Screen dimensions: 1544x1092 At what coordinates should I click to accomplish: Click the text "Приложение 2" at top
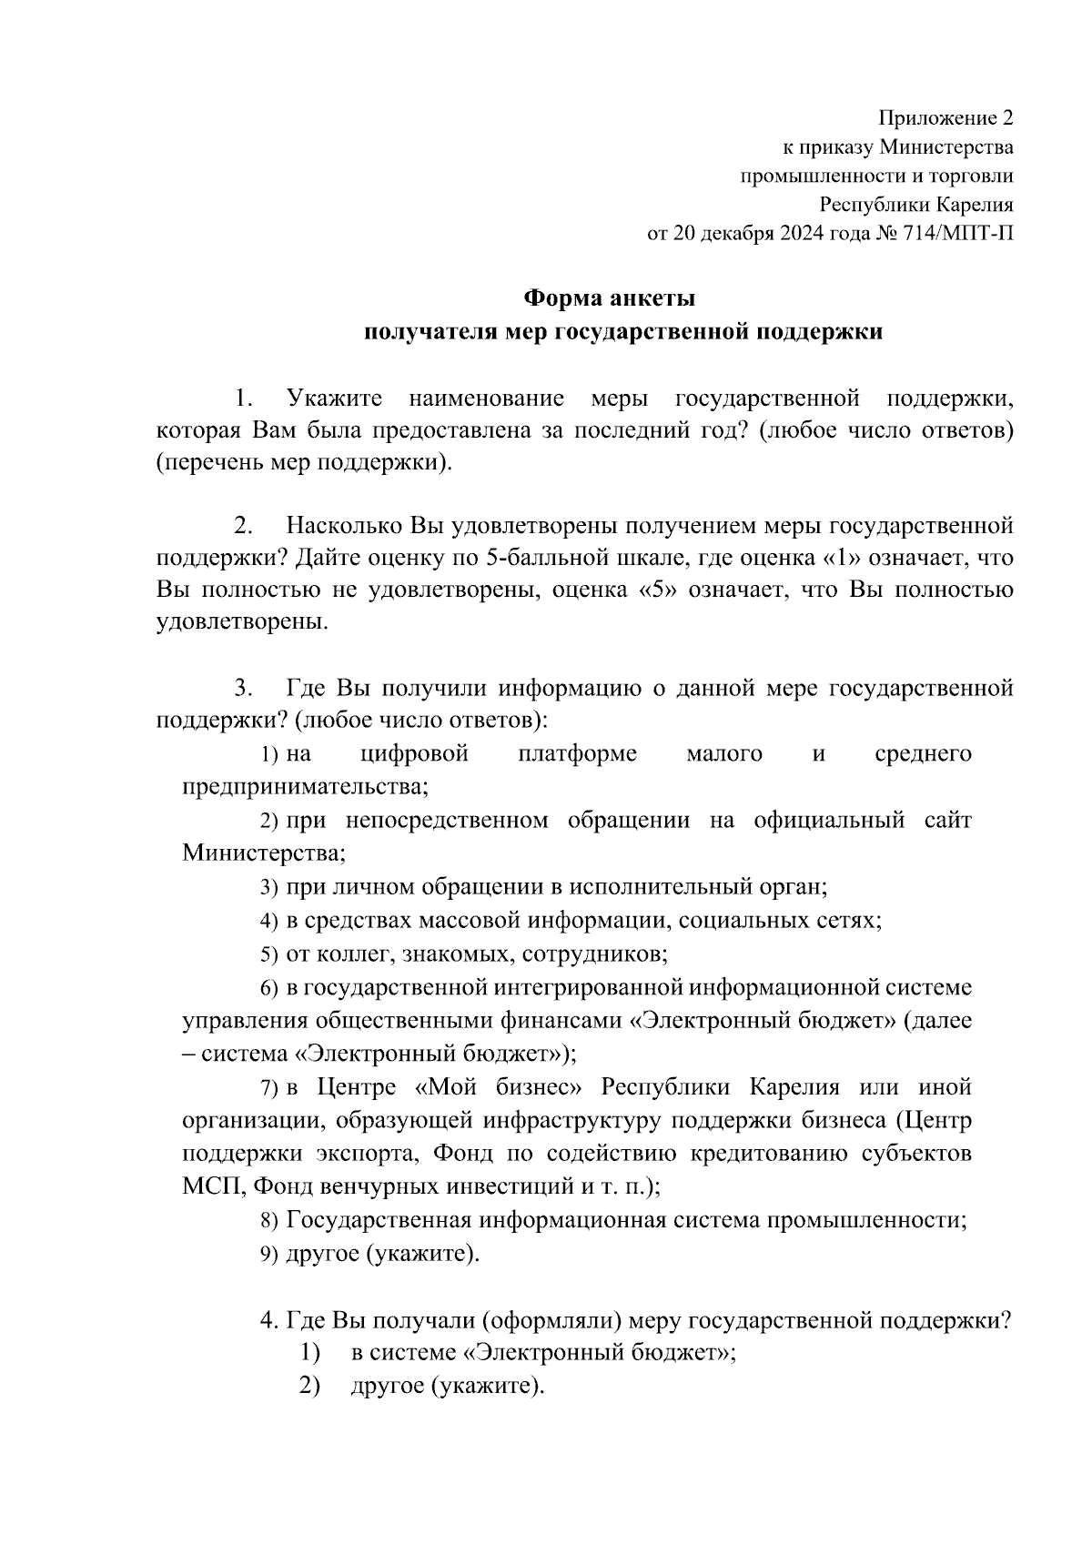[x=945, y=118]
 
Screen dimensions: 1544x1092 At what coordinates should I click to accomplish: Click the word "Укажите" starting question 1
[x=334, y=399]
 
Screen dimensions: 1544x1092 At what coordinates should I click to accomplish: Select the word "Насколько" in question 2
[x=345, y=526]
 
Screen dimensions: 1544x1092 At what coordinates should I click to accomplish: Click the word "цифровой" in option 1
[x=414, y=753]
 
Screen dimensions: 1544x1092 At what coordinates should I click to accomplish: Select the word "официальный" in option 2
[x=829, y=821]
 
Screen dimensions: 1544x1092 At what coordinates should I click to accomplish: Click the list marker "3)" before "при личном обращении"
[x=268, y=887]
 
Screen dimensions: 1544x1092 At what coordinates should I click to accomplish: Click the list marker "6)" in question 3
[x=268, y=988]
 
